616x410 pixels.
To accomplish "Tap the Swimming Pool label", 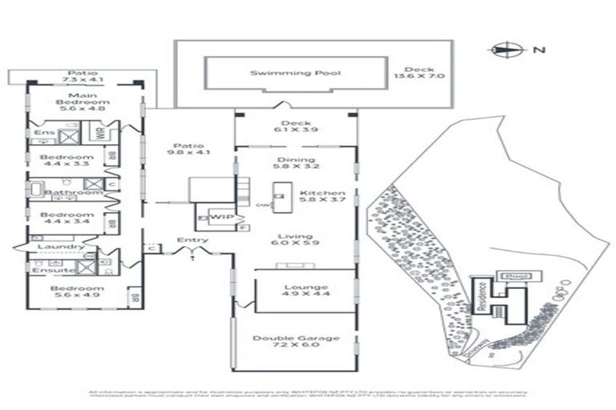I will pos(294,73).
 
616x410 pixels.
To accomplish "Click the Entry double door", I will pos(192,251).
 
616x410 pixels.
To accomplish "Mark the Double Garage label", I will pos(296,343).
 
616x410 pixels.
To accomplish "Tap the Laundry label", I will pos(61,247).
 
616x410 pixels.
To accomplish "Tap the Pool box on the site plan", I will pos(510,275).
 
